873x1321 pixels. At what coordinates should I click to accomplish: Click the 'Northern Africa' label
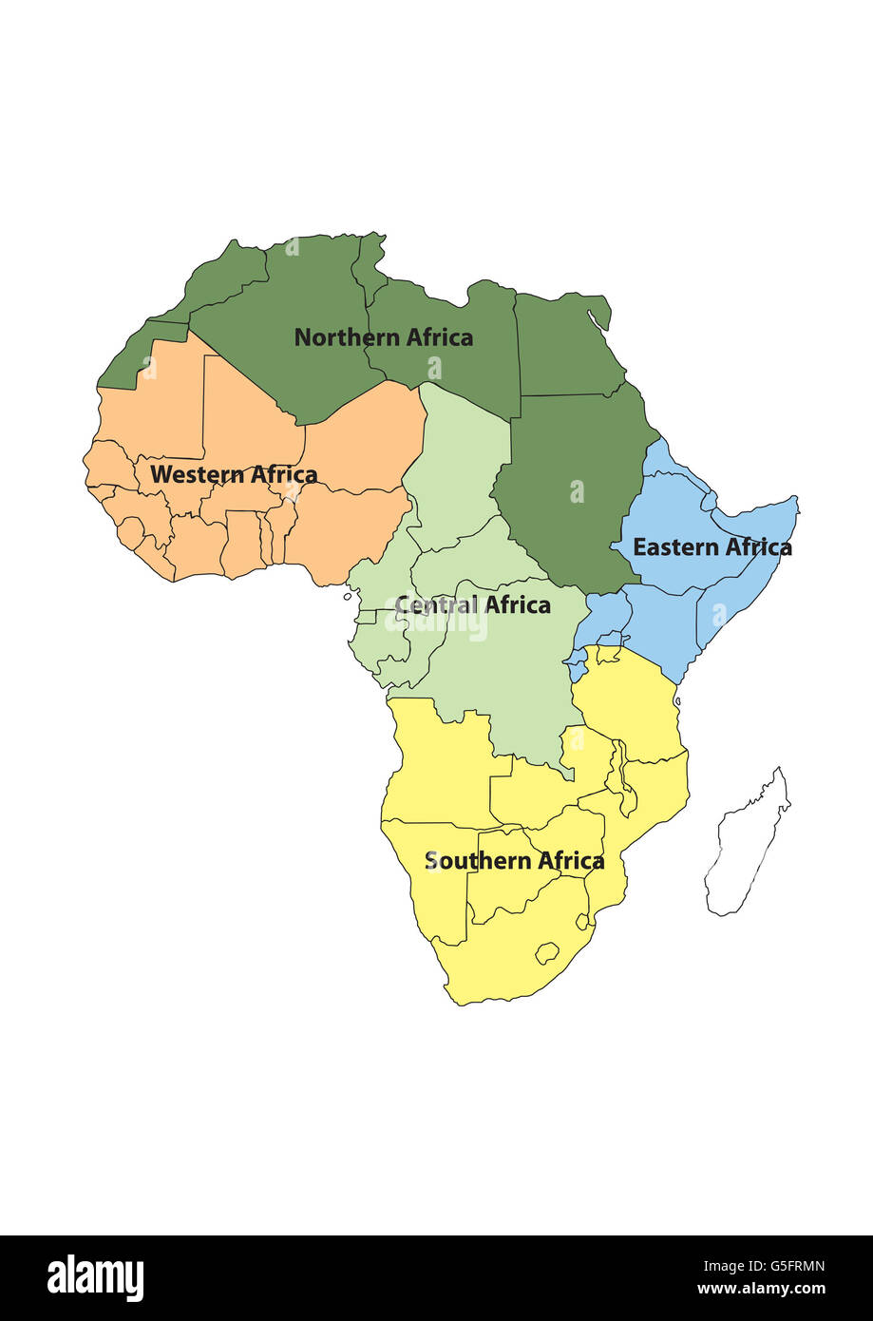(x=383, y=337)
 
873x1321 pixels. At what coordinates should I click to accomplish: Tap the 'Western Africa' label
(x=234, y=474)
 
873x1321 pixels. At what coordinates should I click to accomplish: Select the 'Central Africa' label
(x=472, y=605)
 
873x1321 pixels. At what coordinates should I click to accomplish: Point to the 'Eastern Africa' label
(x=712, y=547)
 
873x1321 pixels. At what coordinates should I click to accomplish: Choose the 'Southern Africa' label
(x=514, y=861)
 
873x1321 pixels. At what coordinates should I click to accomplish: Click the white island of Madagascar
(x=748, y=846)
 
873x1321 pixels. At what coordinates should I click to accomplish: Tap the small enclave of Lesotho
(x=546, y=952)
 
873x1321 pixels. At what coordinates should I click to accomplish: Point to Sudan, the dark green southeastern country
(x=570, y=485)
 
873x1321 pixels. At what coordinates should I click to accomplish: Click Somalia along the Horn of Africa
(x=750, y=570)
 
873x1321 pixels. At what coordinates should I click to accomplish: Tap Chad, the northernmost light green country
(x=461, y=456)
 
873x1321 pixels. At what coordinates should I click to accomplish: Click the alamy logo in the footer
(x=95, y=1278)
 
